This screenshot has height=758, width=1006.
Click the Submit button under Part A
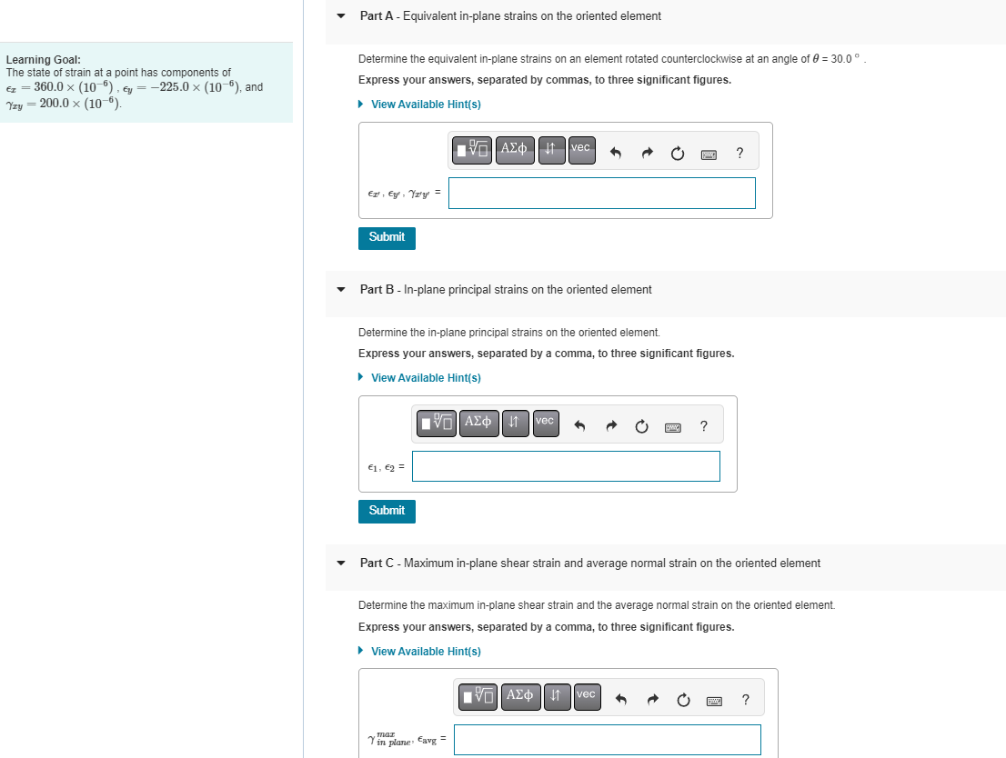pyautogui.click(x=387, y=237)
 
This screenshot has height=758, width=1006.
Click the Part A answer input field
pyautogui.click(x=601, y=193)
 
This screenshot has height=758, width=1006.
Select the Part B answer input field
pyautogui.click(x=565, y=466)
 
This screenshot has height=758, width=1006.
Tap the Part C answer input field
pyautogui.click(x=607, y=739)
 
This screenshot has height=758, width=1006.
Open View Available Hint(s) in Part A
pyautogui.click(x=426, y=105)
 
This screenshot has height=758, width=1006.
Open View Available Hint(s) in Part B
pyautogui.click(x=426, y=378)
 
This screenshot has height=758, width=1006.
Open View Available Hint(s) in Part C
pyautogui.click(x=426, y=652)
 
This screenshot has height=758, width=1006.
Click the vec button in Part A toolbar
pyautogui.click(x=581, y=150)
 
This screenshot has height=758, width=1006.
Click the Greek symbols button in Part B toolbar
pyautogui.click(x=478, y=424)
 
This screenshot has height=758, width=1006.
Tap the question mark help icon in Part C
pyautogui.click(x=746, y=699)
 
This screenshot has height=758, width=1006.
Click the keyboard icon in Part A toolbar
pyautogui.click(x=709, y=155)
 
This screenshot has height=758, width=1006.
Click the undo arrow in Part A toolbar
pyautogui.click(x=616, y=154)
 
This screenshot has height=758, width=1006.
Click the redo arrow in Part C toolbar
pyautogui.click(x=652, y=700)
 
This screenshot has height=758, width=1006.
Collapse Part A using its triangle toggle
pyautogui.click(x=341, y=16)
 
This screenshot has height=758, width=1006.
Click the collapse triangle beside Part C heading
pyautogui.click(x=341, y=564)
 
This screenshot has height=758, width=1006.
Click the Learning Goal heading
pyautogui.click(x=43, y=59)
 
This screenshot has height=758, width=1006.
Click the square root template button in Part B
pyautogui.click(x=437, y=424)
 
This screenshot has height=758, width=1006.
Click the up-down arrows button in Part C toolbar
pyautogui.click(x=556, y=697)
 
